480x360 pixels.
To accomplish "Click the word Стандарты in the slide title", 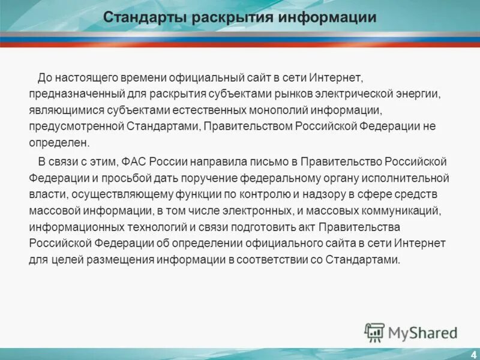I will point(145,17).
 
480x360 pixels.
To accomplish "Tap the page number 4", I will point(473,354).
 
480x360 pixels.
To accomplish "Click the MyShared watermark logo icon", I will point(374,332).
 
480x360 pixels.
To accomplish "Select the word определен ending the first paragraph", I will point(58,143).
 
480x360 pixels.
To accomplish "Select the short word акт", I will point(298,227).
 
